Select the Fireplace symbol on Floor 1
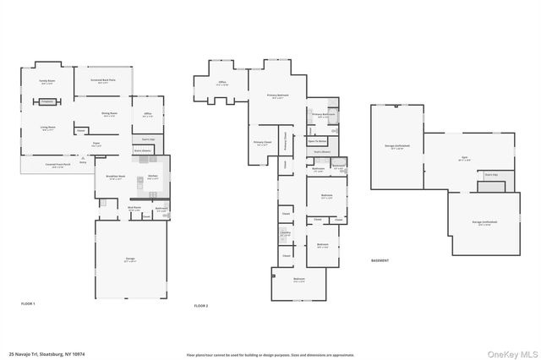click(x=46, y=101)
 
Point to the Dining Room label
click(x=109, y=114)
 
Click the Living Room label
click(x=49, y=128)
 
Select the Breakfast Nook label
click(x=116, y=177)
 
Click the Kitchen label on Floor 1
click(x=153, y=177)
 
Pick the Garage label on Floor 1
click(x=130, y=261)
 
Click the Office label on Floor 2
click(x=222, y=83)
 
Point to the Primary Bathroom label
click(x=323, y=113)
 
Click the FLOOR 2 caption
click(x=201, y=305)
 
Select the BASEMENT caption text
click(x=380, y=260)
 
